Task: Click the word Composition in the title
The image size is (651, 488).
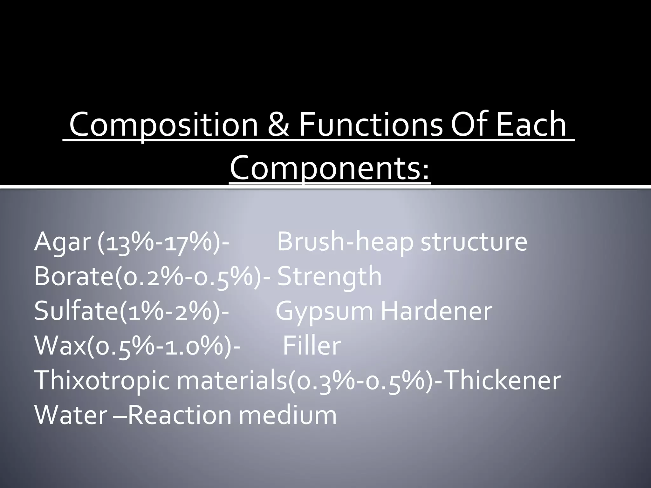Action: point(164,125)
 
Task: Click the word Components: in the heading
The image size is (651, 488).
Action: point(330,168)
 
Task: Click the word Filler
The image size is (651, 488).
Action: point(312,346)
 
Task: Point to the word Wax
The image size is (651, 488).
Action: point(60,346)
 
